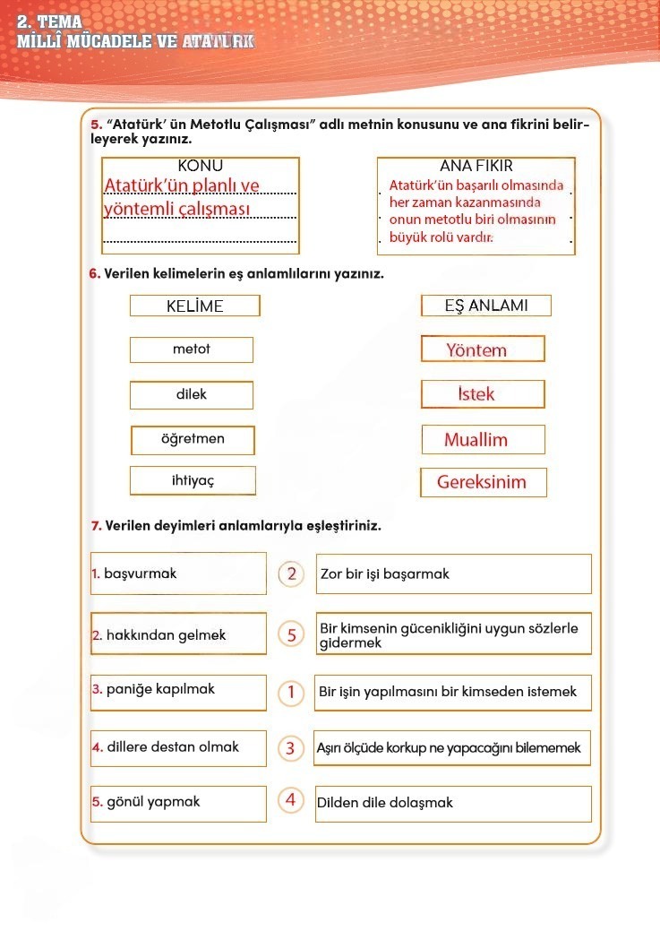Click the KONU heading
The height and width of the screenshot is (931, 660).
pos(200,166)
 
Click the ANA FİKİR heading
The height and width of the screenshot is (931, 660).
pos(476,166)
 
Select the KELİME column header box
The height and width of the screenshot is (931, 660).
pos(194,306)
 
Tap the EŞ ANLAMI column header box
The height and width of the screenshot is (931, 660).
pos(485,306)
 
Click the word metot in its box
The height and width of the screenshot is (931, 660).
pos(191,349)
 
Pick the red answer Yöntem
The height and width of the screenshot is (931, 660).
pos(476,350)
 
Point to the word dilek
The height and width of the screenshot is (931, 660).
pos(191,394)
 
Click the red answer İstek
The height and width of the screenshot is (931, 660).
pos(476,394)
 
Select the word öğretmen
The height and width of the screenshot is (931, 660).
pos(192,439)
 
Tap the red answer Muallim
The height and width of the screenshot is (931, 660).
pos(476,440)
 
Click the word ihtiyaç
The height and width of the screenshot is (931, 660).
pos(193,481)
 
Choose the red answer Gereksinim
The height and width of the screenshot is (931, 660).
pos(482,482)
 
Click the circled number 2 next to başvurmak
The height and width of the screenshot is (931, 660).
pos(291,573)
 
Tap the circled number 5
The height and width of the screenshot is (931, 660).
pos(291,634)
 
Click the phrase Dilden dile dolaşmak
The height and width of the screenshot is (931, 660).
pos(385,803)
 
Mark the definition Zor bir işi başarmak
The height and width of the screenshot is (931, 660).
pos(385,573)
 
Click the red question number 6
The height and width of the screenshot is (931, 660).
pos(95,274)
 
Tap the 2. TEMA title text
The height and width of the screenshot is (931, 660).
pos(49,22)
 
